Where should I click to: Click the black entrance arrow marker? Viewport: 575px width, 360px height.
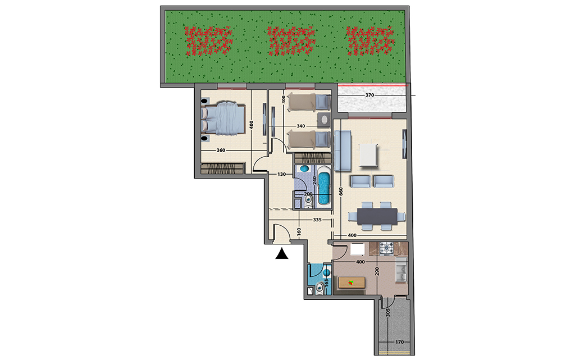coord(282,254)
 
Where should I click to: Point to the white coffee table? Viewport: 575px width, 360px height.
coord(368,155)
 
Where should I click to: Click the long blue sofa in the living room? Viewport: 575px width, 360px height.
coord(343,151)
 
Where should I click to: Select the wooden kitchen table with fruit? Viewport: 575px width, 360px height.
coord(352,282)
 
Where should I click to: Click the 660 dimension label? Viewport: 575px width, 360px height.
coord(341,192)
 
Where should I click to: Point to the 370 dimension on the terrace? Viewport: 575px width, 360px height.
coord(369,95)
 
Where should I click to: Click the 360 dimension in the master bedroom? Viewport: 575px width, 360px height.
coord(221,151)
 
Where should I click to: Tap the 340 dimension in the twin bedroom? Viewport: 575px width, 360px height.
coord(301,126)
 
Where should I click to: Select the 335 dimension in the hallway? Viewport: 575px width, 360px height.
coord(317,220)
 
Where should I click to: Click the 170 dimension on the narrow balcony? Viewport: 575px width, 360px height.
coord(399,342)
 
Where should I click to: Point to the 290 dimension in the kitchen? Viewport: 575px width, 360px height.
coord(377,271)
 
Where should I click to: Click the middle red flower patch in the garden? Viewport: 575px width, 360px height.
coord(291,40)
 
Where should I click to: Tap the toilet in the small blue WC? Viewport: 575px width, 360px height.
coord(320,288)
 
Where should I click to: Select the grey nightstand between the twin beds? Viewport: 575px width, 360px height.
coord(324,120)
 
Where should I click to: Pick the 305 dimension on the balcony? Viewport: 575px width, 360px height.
coord(388,313)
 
